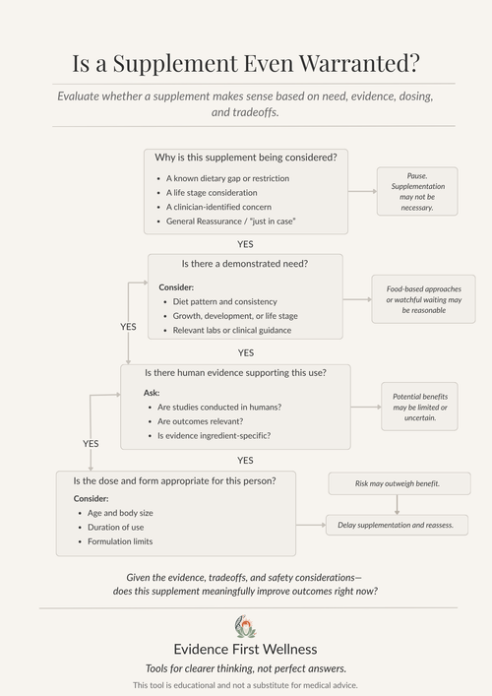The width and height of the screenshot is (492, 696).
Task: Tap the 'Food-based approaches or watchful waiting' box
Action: point(423,299)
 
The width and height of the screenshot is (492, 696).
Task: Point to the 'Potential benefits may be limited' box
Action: point(420,406)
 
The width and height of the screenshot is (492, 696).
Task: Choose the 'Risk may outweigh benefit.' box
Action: point(397,483)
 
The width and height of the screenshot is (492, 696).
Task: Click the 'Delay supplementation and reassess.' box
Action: point(397,525)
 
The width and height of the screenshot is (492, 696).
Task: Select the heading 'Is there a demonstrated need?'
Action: point(245,264)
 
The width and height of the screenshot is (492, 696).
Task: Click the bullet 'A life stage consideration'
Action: point(213,193)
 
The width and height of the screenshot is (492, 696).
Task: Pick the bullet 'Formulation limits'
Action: point(120,541)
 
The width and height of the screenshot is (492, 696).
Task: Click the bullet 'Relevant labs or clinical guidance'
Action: point(232,330)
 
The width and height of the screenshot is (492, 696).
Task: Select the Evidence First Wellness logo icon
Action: point(245,626)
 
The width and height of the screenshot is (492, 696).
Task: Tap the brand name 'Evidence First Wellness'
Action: point(245,649)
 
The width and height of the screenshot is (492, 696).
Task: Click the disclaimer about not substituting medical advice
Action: point(245,684)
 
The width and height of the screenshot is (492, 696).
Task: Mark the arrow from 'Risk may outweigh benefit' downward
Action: point(397,504)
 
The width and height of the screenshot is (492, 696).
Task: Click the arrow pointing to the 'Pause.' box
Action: point(362,192)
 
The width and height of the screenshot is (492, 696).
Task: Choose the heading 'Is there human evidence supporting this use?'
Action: point(235,372)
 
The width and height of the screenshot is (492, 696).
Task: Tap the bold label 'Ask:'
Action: point(152,392)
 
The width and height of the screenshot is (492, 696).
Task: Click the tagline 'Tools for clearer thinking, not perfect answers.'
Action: point(245,667)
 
